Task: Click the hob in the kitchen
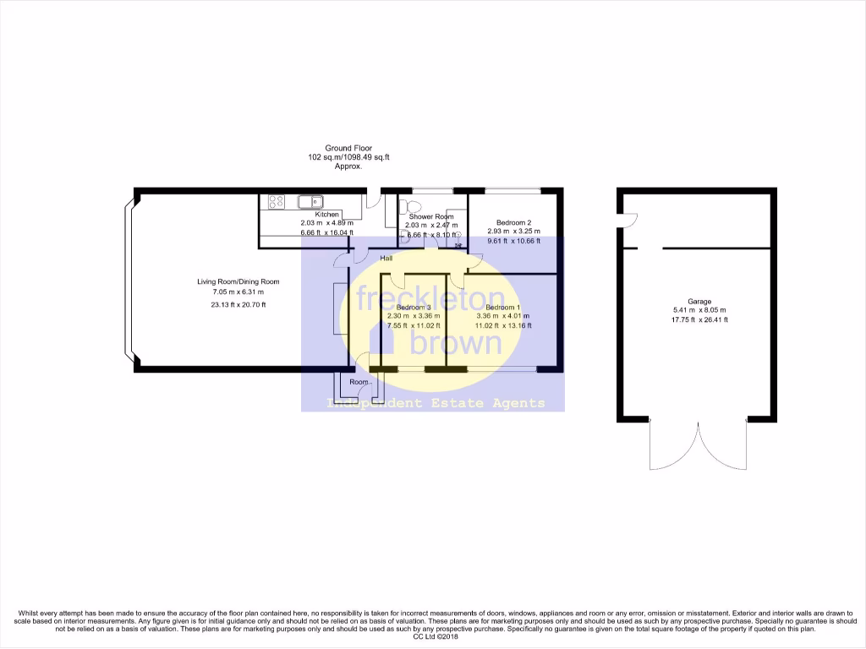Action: [276, 202]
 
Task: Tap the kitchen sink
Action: [310, 201]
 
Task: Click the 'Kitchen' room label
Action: [326, 215]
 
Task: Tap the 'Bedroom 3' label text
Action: [414, 307]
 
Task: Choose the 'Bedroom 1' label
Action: [502, 307]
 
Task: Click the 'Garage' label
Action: [699, 302]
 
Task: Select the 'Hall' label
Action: [386, 259]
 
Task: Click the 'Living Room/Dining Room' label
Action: [233, 282]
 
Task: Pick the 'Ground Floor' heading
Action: [348, 149]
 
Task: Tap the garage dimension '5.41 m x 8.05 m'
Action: [699, 310]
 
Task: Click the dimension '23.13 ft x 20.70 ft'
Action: [233, 304]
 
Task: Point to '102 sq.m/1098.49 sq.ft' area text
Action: [348, 158]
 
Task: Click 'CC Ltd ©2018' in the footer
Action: [432, 637]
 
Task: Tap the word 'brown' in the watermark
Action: [457, 341]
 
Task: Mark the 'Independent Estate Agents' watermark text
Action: [436, 403]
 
